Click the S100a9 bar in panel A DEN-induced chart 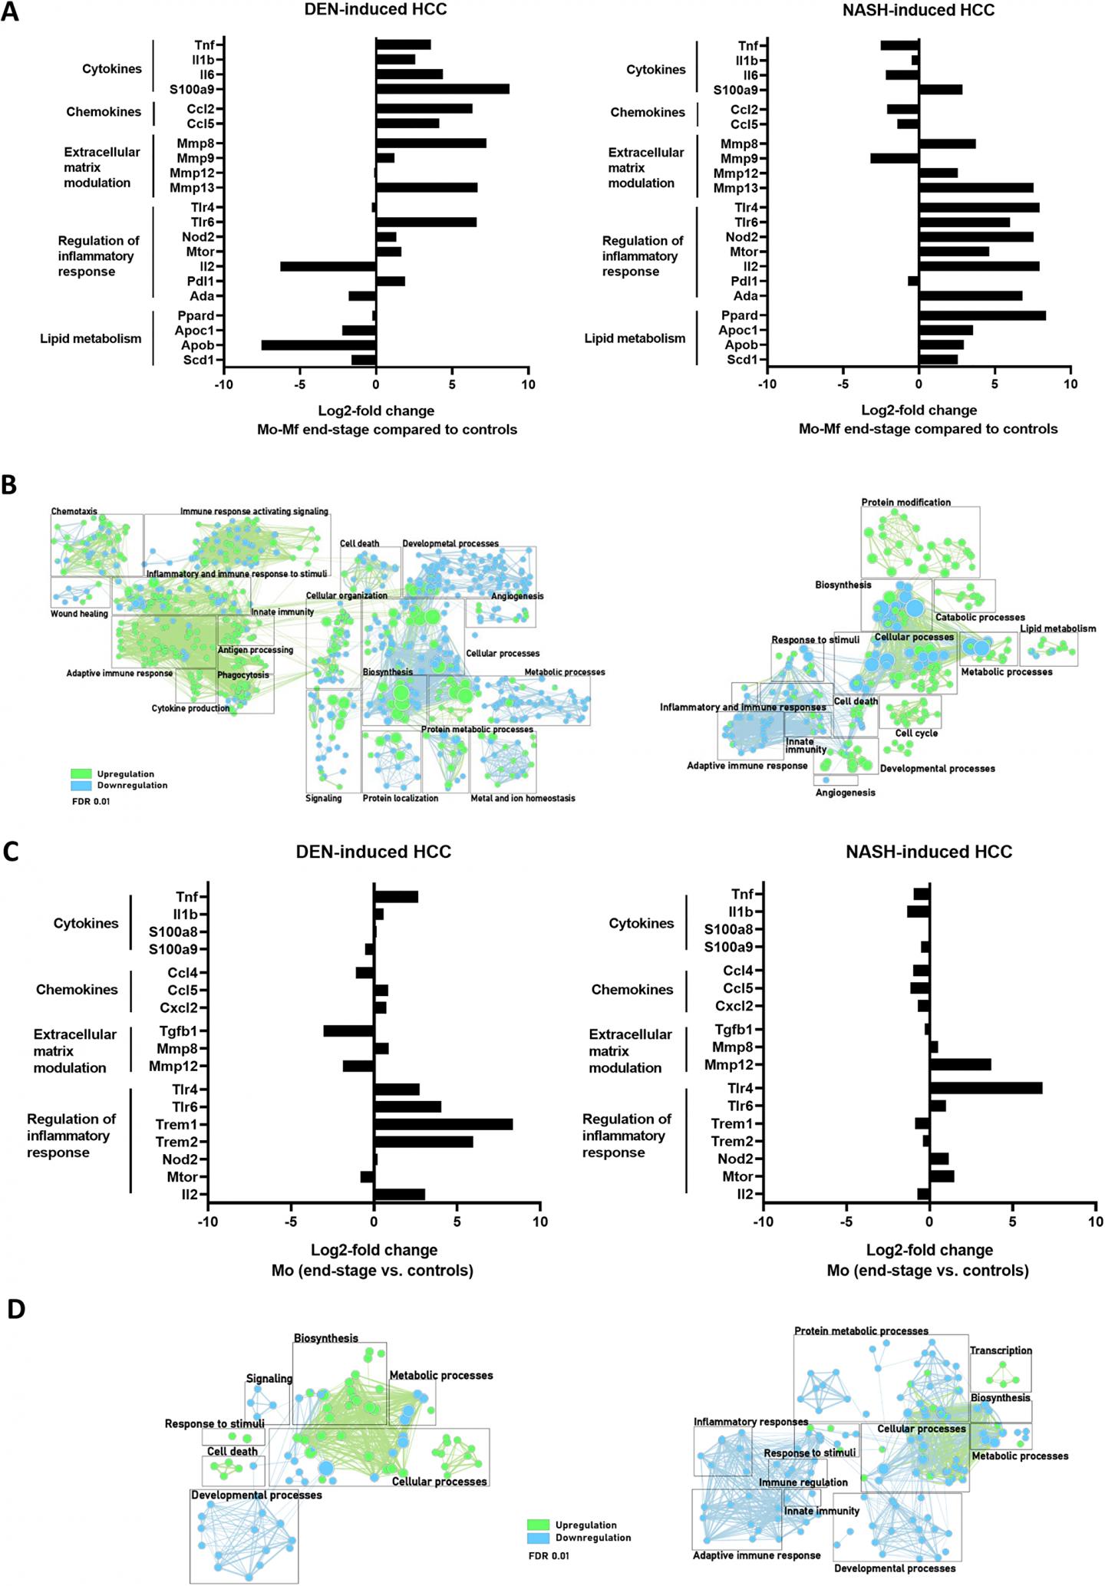442,89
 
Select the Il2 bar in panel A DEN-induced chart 328,266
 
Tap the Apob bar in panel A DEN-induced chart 318,345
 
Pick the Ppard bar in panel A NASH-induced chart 981,315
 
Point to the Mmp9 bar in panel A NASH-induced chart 894,159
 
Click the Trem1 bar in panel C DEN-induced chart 443,1124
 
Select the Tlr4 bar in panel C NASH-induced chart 985,1088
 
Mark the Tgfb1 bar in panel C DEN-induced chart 348,1030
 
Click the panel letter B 10,485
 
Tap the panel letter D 15,1309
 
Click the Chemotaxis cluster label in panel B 74,511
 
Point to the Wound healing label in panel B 79,614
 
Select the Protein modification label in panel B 905,503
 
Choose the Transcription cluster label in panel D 1001,1350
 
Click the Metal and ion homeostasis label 523,798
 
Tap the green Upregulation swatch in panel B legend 81,774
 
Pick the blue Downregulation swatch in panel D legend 540,1538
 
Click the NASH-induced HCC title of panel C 929,852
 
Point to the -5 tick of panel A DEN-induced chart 300,384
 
